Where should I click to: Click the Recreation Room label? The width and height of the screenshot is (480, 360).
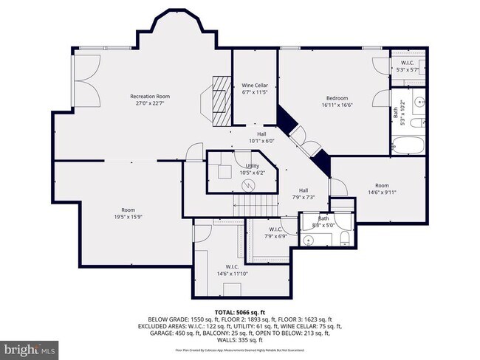tap(150, 97)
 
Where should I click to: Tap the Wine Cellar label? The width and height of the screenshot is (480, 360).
tap(255, 86)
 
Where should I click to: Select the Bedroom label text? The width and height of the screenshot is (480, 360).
tap(337, 98)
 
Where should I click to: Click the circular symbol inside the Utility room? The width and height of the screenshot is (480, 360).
tap(249, 184)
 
